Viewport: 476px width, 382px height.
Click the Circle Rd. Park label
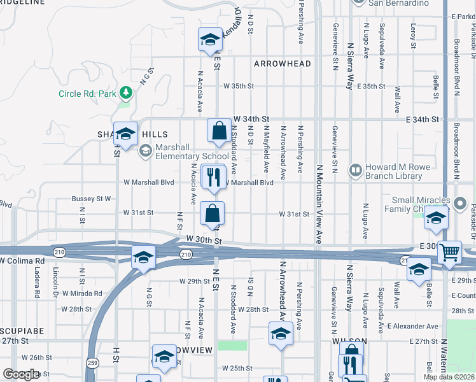pos(87,94)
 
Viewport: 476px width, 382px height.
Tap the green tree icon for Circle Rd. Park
pos(126,94)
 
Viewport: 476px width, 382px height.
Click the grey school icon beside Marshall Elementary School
pos(146,151)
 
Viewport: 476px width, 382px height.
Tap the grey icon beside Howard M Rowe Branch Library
pos(354,170)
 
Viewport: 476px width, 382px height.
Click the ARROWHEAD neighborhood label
pos(283,64)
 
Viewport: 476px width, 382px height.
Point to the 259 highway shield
pos(93,362)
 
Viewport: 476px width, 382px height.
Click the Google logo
pos(21,374)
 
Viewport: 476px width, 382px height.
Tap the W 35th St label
pos(238,86)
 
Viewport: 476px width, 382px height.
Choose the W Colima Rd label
pos(23,260)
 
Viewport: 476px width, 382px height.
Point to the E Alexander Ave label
pos(413,326)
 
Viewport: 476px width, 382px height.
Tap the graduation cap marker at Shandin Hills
pos(126,134)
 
